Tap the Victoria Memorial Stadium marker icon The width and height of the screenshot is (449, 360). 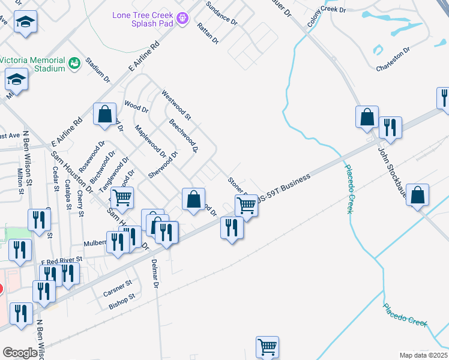pyautogui.click(x=75, y=63)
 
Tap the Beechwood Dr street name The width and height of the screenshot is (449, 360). pyautogui.click(x=183, y=135)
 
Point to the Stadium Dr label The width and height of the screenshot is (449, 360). pyautogui.click(x=98, y=70)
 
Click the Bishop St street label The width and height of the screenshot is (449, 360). pyautogui.click(x=122, y=301)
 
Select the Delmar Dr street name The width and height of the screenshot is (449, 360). pyautogui.click(x=155, y=274)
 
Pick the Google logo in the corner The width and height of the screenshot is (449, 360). pyautogui.click(x=20, y=353)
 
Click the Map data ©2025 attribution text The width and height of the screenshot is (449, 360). pyautogui.click(x=423, y=355)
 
